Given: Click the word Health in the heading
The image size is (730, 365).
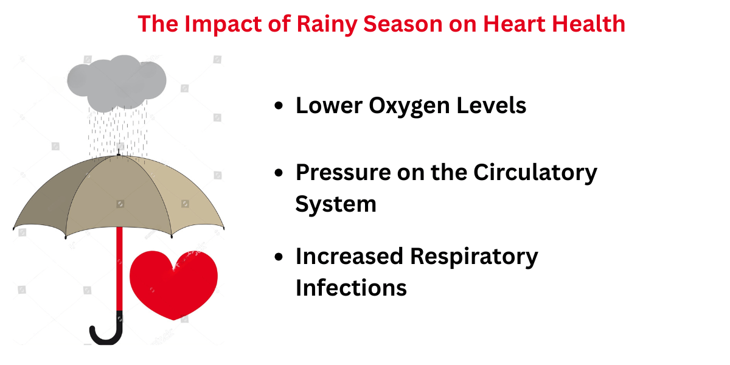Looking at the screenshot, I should coord(590,24).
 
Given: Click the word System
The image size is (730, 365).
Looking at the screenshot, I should coord(336,204).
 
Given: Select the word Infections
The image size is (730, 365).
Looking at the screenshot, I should coord(351,287).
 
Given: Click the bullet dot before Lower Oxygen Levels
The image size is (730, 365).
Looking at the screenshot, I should coord(279,106).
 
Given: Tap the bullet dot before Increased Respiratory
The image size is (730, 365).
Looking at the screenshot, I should coord(279,257).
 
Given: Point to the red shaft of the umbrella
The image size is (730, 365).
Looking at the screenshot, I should coord(119,268).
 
